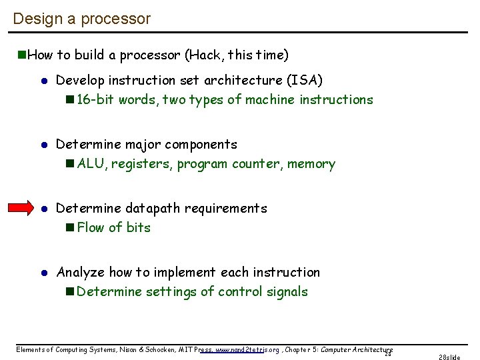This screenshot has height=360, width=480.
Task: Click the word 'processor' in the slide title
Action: coord(116,19)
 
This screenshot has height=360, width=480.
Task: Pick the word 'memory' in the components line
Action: coord(313,164)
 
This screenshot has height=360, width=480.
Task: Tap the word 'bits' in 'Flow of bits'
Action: coord(139,228)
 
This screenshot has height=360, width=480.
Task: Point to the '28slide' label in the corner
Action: coord(449,357)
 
